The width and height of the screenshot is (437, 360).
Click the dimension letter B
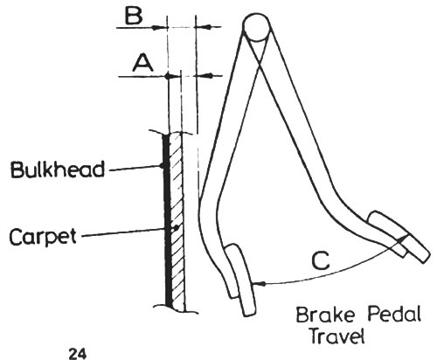[x=134, y=17]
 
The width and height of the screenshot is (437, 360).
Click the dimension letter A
[x=142, y=64]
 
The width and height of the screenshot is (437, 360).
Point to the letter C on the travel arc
[x=321, y=260]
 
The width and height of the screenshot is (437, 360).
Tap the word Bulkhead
[x=58, y=170]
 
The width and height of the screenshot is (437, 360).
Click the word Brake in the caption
[x=325, y=315]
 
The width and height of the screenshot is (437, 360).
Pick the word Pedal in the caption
[x=394, y=314]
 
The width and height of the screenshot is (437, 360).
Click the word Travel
[x=337, y=336]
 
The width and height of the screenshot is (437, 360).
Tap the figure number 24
[x=78, y=355]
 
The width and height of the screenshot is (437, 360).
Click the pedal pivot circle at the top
[x=256, y=26]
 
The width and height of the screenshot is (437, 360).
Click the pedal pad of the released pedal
[x=399, y=236]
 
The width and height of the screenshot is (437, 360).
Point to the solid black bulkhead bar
[x=167, y=220]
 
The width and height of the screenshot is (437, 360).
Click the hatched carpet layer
[x=177, y=221]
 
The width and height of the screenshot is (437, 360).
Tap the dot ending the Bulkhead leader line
[x=162, y=166]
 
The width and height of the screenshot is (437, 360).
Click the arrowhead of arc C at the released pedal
[x=405, y=237]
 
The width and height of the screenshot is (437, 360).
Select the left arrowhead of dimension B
[x=160, y=27]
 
